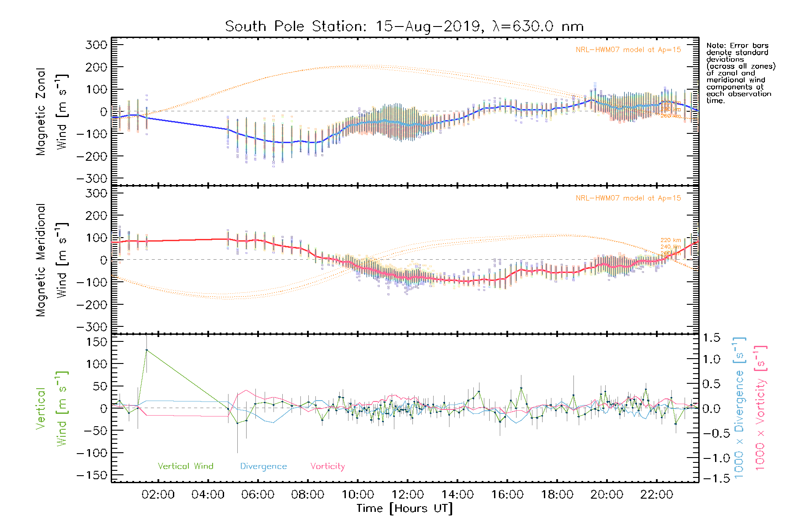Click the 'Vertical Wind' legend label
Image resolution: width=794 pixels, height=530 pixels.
pos(185,466)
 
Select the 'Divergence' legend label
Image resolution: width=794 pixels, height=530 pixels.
pos(263,466)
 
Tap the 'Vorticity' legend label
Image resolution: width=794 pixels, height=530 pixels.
pos(327,466)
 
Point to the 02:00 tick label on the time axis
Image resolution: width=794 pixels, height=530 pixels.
pos(158,495)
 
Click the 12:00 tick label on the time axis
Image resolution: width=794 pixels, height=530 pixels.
pos(407,495)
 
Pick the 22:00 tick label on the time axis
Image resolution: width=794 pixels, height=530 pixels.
pos(656,495)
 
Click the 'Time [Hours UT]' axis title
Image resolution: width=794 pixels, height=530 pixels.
pos(404,508)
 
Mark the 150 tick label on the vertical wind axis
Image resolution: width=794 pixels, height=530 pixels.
pos(97,342)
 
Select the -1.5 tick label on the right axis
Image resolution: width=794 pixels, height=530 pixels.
pos(711,478)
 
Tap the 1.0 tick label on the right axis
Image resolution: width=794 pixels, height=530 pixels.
pos(711,359)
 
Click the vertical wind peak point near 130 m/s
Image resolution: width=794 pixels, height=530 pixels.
pos(146,350)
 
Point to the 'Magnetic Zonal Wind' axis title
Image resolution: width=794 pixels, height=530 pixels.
pos(52,111)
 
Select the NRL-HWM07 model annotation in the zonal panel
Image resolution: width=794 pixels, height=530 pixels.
pos(628,50)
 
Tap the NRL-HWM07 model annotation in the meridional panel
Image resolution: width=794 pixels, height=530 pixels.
pos(628,198)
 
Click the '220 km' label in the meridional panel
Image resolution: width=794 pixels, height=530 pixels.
pos(670,240)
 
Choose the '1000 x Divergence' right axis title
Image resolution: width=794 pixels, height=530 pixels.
pos(739,407)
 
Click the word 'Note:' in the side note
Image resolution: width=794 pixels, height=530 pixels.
pos(715,45)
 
